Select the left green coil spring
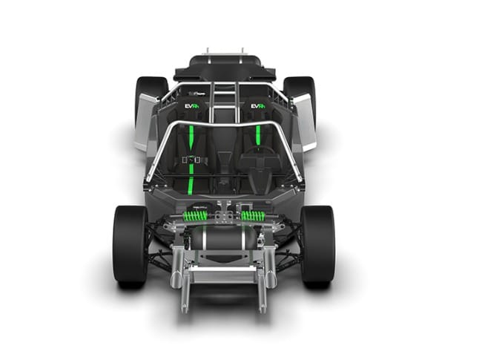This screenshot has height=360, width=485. [194, 215]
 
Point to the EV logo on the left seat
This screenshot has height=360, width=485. [193, 108]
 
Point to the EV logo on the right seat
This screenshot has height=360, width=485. [257, 108]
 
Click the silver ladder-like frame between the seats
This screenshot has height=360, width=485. [224, 100]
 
